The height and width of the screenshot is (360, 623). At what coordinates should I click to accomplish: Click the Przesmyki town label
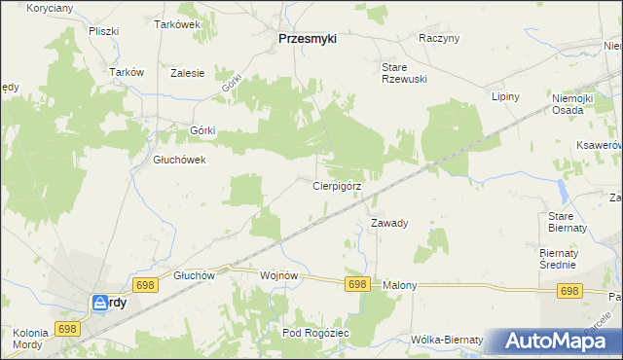point(307,39)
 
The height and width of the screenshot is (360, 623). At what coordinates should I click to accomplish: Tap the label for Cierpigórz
point(338,185)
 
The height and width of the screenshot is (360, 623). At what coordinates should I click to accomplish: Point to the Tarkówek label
point(177,25)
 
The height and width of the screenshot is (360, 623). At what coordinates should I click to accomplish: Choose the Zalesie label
point(187,72)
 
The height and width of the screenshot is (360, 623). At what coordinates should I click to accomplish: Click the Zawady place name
point(389,223)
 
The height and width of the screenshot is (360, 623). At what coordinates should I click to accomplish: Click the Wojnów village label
point(278,275)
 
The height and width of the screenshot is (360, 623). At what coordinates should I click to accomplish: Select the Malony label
point(400,285)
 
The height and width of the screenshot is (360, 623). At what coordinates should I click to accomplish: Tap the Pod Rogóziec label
point(315,333)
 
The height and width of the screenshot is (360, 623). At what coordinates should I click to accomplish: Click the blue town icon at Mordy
point(101,304)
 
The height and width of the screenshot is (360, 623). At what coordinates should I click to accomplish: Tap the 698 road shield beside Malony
point(357,284)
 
